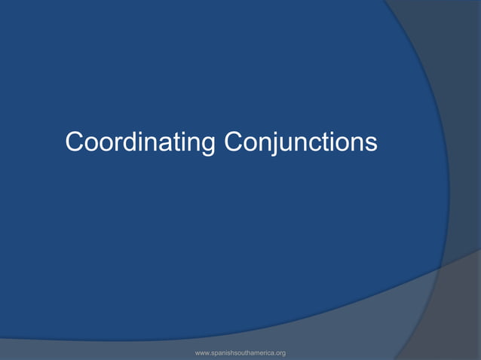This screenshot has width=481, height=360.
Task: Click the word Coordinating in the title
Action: pos(140,142)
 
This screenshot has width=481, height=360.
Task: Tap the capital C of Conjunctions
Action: pos(232,141)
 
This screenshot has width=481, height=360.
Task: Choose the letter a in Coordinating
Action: pos(160,143)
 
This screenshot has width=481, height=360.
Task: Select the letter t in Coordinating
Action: pos(170,142)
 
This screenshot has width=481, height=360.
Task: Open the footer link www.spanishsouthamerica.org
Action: pos(240,352)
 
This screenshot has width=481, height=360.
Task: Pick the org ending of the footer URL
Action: pos(280,353)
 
